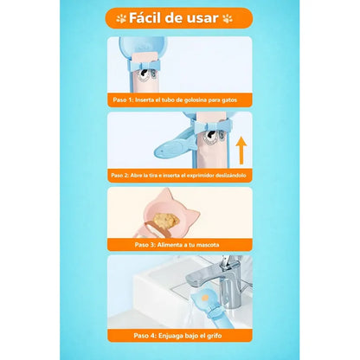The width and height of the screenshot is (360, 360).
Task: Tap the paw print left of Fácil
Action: (121, 18)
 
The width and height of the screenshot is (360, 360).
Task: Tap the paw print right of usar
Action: (228, 18)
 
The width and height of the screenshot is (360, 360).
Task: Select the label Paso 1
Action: (123, 100)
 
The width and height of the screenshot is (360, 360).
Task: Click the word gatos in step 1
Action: (229, 100)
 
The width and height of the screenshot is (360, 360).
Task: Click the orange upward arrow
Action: (241, 151)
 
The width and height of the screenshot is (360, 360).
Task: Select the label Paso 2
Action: (119, 175)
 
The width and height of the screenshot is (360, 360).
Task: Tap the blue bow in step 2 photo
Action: (213, 125)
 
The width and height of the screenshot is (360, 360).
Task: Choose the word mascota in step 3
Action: (208, 245)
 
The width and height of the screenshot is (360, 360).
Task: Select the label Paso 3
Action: (145, 245)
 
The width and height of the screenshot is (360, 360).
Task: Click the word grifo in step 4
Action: (214, 336)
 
